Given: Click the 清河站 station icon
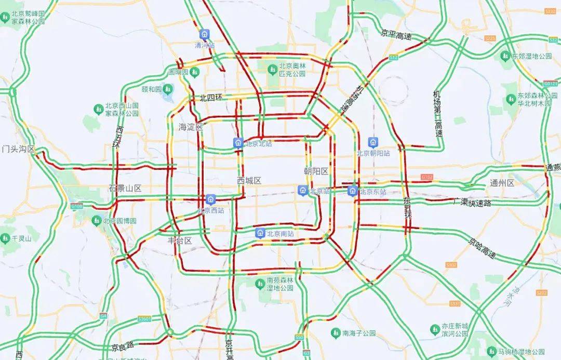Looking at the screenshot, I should (x=205, y=34).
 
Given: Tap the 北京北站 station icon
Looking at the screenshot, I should (x=238, y=143).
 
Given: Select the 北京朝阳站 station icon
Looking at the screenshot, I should (x=372, y=142).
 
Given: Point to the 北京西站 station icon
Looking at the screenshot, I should (x=210, y=199).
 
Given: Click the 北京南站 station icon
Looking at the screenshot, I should (x=260, y=233).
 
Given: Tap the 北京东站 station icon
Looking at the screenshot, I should (x=353, y=191).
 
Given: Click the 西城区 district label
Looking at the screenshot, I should (x=249, y=181).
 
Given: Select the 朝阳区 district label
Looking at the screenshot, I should (x=316, y=171).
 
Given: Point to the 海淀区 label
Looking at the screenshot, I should (x=190, y=127).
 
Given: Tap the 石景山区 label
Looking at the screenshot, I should (x=125, y=188).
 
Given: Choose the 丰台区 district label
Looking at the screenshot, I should (x=180, y=241).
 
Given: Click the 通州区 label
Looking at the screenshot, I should (x=502, y=183).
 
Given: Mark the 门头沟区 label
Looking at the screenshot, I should (x=18, y=149).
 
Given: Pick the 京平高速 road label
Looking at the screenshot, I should (x=396, y=35).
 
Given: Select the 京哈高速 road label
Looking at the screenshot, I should (x=482, y=248).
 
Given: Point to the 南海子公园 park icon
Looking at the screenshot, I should (x=336, y=333).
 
